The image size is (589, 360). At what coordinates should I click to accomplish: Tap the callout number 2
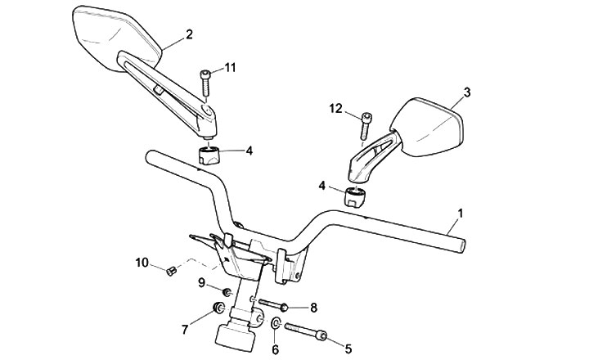point(189,34)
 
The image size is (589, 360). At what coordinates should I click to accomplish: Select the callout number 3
point(466,92)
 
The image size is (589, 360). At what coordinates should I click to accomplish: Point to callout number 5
point(348,349)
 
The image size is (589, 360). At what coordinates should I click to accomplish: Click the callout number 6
point(275,349)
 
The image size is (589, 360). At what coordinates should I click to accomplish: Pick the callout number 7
point(186,329)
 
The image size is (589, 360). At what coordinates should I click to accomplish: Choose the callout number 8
point(312,308)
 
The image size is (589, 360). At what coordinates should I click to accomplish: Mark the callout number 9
point(201,282)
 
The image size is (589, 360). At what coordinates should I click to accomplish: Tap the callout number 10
point(141,263)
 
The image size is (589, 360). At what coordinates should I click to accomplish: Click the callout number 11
point(230,67)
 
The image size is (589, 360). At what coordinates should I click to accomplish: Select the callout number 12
point(335,108)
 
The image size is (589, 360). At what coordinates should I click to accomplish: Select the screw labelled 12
point(364,127)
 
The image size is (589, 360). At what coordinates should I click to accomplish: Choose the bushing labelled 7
point(218,308)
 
